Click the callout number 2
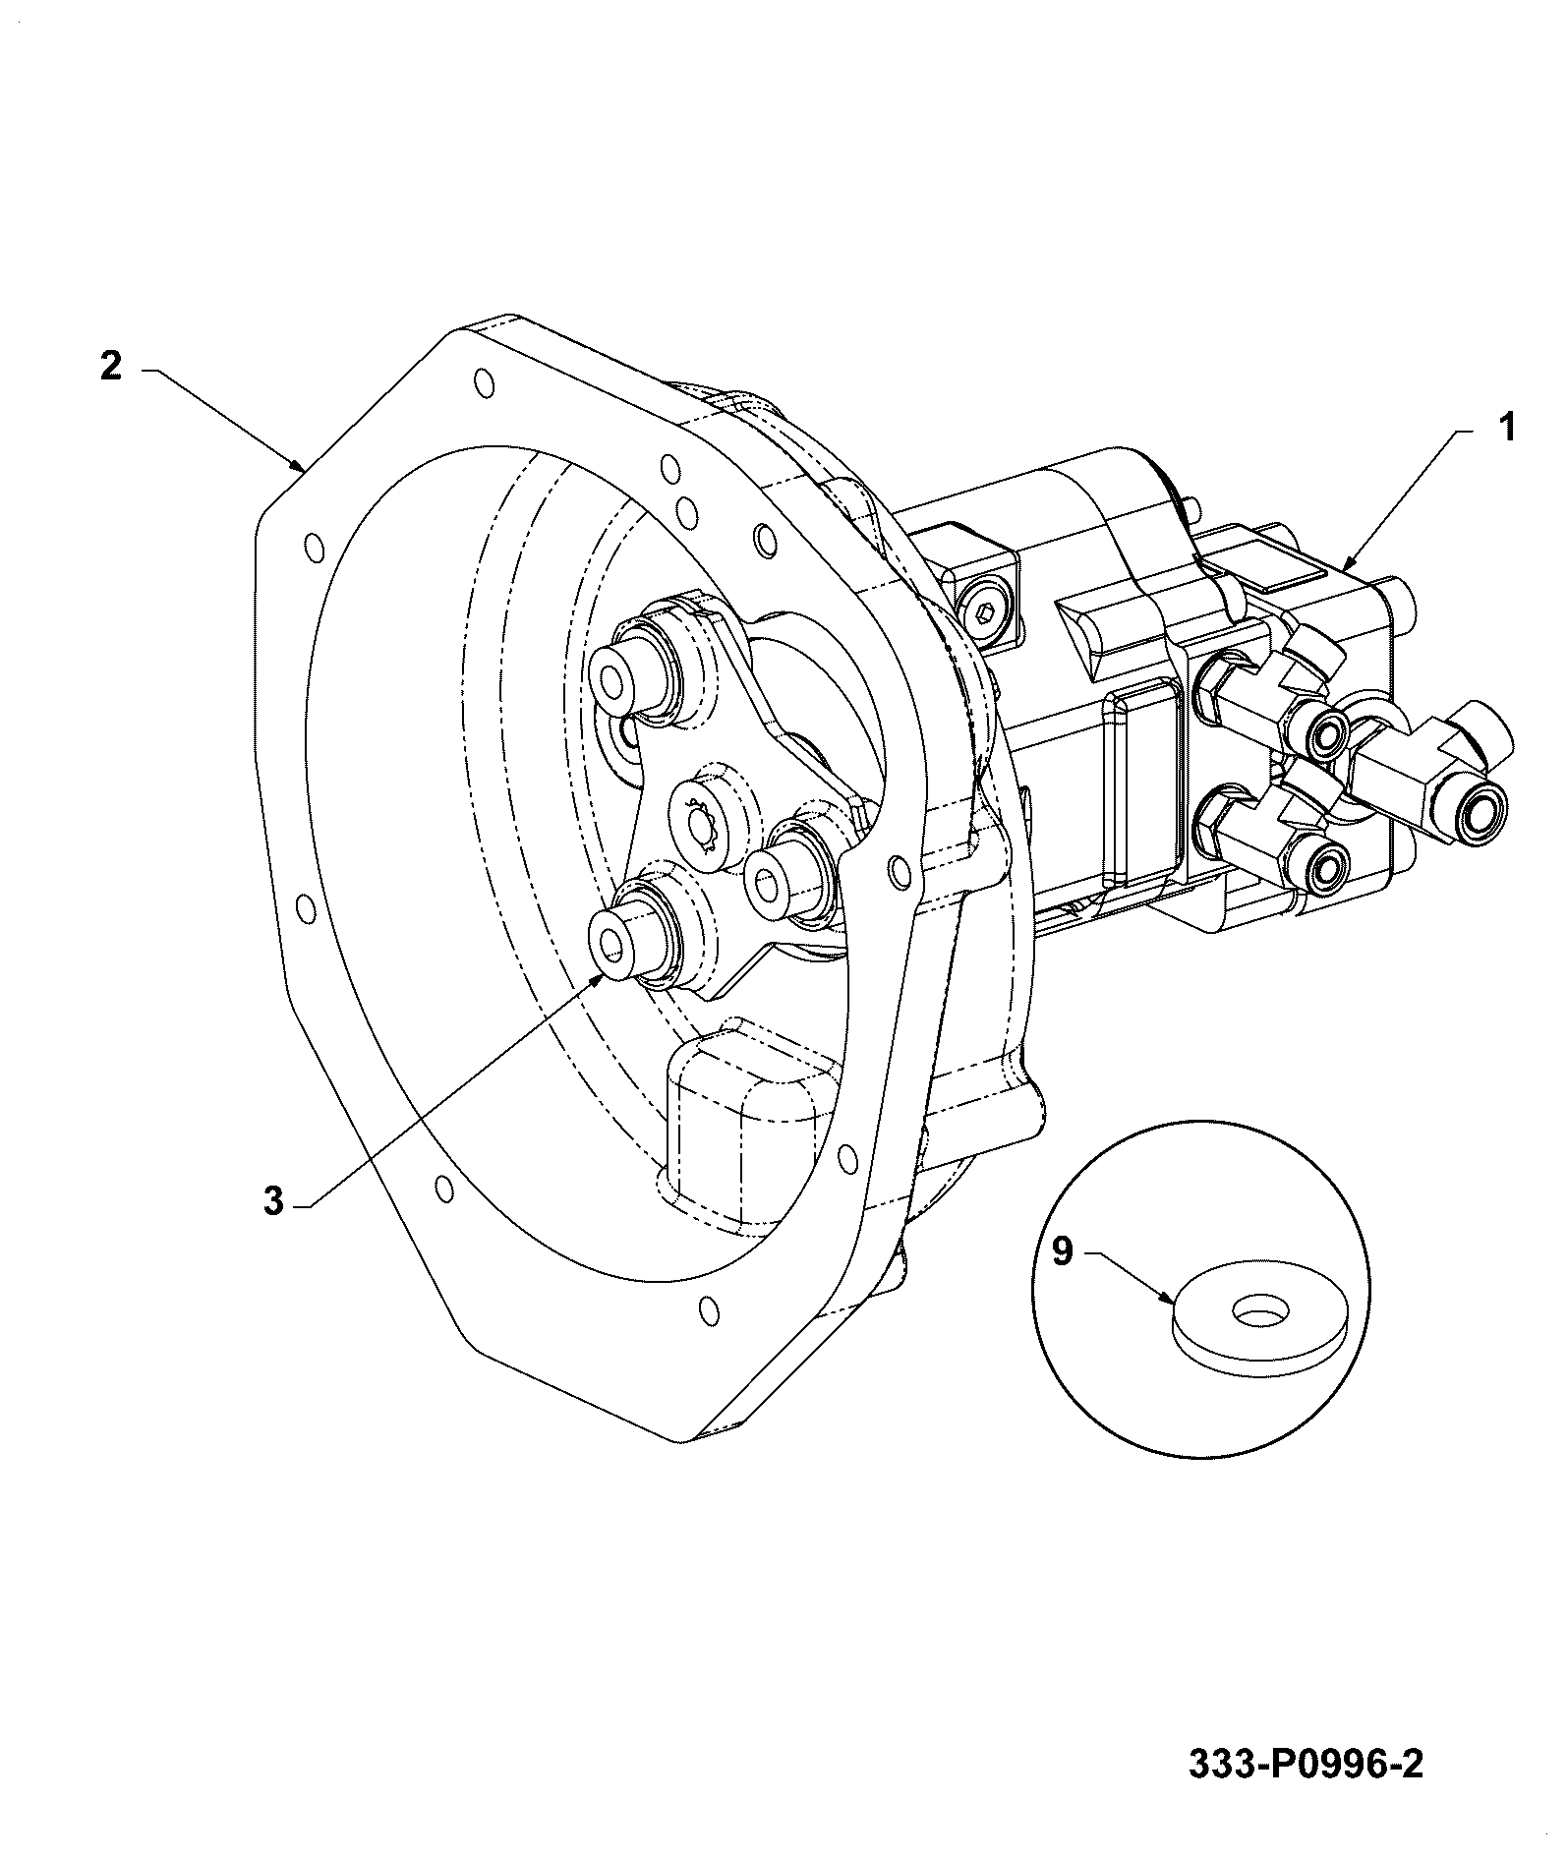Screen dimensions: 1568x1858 (111, 366)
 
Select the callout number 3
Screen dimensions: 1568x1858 (273, 1200)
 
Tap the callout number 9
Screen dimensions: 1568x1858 (1064, 1251)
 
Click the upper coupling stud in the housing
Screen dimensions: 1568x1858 (629, 675)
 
